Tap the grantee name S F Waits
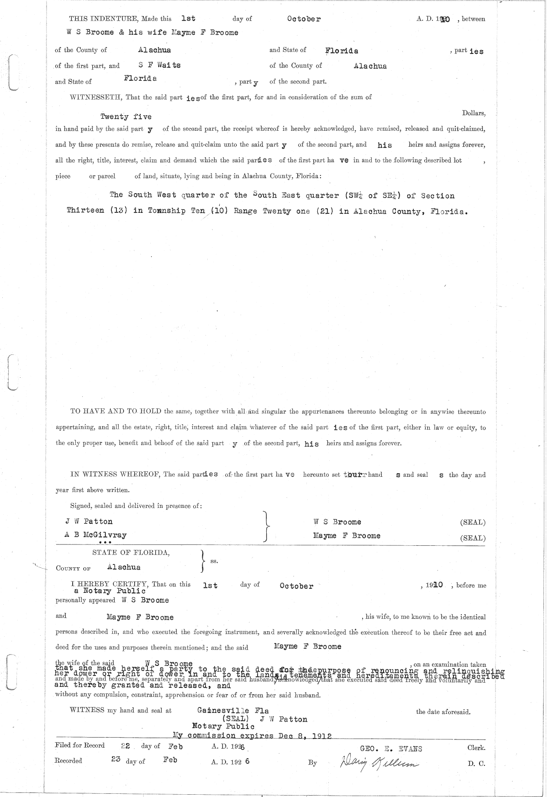(x=160, y=65)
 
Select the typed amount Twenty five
(x=126, y=117)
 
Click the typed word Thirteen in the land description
(x=85, y=211)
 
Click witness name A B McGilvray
(x=96, y=535)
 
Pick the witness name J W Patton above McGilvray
(x=89, y=522)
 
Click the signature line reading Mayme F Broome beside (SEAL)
(x=347, y=536)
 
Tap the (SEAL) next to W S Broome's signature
(x=473, y=522)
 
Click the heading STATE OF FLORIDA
(x=131, y=553)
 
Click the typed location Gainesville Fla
(x=233, y=711)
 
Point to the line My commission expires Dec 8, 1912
(x=252, y=736)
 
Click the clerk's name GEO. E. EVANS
(x=391, y=749)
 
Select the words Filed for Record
(x=79, y=745)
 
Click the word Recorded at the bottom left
(x=68, y=760)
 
